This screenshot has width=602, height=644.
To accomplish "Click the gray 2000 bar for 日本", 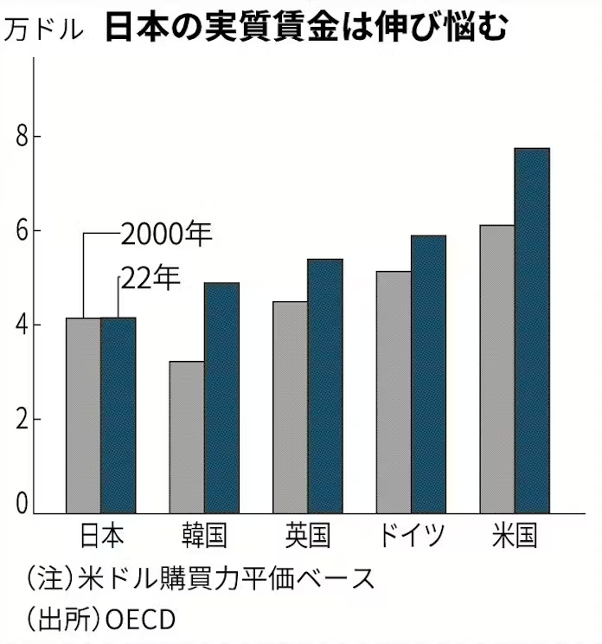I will tap(83, 415).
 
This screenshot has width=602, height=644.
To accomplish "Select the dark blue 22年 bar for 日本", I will tap(118, 415).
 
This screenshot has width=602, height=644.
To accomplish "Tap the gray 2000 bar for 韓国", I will tap(187, 437).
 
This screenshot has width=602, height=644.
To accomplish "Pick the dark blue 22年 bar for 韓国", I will tap(221, 398).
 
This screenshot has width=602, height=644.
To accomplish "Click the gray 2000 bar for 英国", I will tap(291, 407).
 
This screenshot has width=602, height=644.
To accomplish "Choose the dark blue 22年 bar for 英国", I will tap(325, 386).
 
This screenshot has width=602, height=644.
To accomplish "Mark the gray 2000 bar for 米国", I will tap(497, 369).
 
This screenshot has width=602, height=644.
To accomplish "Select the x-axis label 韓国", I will tap(204, 536).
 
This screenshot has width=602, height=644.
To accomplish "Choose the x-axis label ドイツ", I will tap(411, 536).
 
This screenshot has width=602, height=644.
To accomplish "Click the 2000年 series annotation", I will tap(166, 234).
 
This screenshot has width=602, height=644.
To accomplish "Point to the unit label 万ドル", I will tap(45, 30).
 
